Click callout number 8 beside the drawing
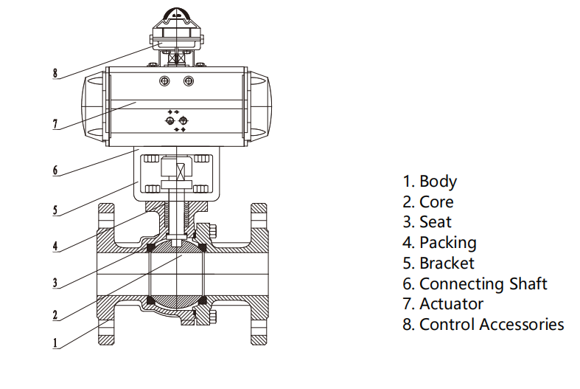[55, 73]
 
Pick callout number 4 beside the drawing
[55, 246]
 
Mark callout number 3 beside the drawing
[55, 281]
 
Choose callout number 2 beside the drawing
[55, 315]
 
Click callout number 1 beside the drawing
[55, 342]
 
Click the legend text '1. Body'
[430, 181]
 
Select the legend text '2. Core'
[428, 202]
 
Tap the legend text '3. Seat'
[427, 221]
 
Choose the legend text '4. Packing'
[439, 242]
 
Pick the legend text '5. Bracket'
[439, 263]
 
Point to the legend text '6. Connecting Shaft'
[475, 283]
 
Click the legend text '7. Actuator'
[443, 303]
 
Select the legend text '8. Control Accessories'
[483, 324]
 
